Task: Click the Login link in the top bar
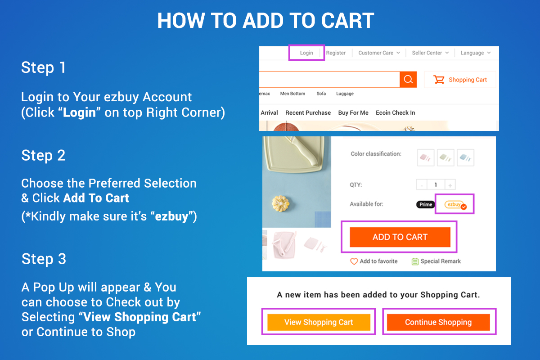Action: pos(306,53)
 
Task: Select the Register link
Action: pos(336,53)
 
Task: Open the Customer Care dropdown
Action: pos(379,53)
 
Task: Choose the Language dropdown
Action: pos(476,53)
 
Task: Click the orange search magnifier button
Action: pos(408,79)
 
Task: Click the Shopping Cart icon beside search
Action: pos(439,79)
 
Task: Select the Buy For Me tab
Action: pos(353,112)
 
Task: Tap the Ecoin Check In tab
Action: pos(396,112)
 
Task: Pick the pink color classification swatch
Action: pos(426,157)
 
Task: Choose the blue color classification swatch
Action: pos(465,157)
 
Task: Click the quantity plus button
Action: pos(450,185)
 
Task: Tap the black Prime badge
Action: pos(426,204)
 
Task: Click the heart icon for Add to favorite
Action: pos(354,261)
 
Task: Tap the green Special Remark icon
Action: pos(415,261)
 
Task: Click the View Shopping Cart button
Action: pos(319,322)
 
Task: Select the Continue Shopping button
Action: pos(438,322)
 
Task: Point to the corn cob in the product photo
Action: pos(280,203)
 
